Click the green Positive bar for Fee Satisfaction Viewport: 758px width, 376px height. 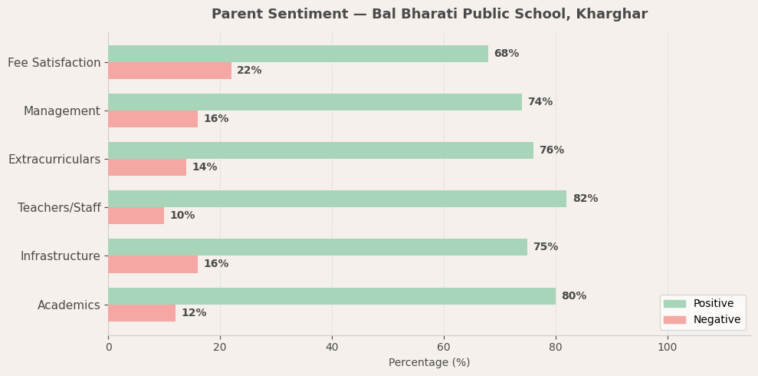pos(298,54)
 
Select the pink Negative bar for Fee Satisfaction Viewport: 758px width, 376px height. pos(169,71)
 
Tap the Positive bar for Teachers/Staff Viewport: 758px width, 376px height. pos(337,199)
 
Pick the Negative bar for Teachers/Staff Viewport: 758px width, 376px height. pos(136,216)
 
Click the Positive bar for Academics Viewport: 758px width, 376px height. pos(332,296)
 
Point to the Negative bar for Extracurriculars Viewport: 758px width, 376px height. pos(147,167)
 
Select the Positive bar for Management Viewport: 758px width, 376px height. pos(315,102)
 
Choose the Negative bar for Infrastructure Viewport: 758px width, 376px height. pos(153,264)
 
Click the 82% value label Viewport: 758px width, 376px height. pos(585,199)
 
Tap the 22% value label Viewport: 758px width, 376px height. pos(249,71)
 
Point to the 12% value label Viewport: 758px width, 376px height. pos(194,313)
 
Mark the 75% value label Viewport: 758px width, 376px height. pos(545,247)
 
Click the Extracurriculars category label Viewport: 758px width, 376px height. pos(54,160)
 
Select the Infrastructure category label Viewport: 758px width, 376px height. pos(61,256)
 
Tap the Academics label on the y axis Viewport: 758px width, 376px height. pos(69,305)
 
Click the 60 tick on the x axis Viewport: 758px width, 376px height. pos(444,348)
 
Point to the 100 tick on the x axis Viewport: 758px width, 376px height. pos(668,348)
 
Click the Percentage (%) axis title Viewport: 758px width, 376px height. pos(429,363)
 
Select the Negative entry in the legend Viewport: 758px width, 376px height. pos(717,320)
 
